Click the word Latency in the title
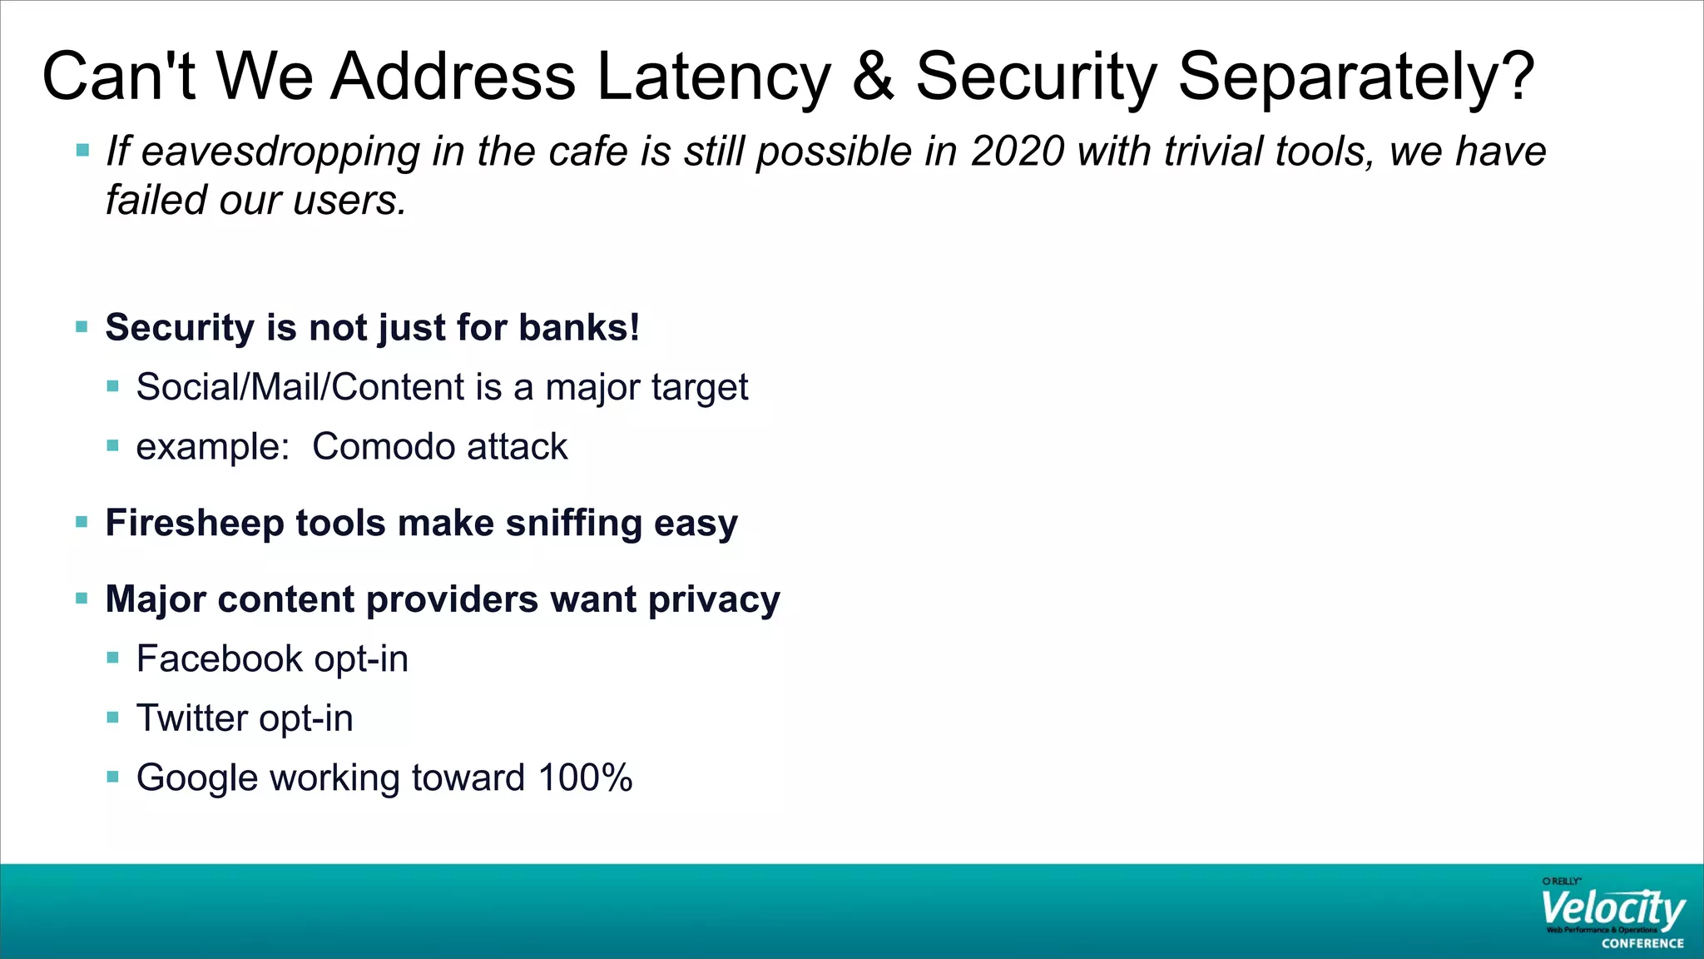tap(713, 77)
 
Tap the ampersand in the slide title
tap(873, 77)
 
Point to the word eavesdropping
tap(280, 153)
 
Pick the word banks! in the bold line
tap(579, 327)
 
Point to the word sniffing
tap(574, 524)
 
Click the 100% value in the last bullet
tap(585, 778)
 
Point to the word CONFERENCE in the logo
tap(1642, 944)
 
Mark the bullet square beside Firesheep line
tap(82, 523)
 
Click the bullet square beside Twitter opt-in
tap(113, 718)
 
